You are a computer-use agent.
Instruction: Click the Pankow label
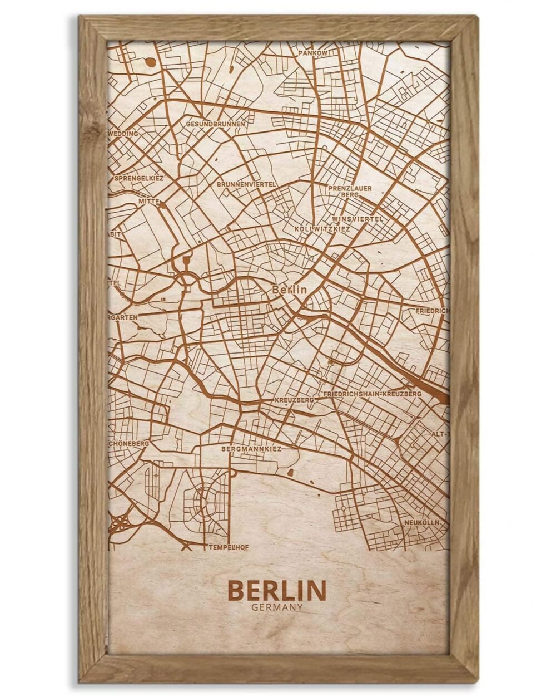point(313,53)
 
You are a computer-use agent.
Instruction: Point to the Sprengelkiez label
point(138,178)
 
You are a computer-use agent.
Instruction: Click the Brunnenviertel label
point(246,183)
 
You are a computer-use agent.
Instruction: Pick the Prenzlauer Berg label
point(350,192)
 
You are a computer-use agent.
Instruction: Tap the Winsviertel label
point(357,219)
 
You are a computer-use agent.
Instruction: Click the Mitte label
point(150,201)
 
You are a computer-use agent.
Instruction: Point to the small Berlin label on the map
point(289,290)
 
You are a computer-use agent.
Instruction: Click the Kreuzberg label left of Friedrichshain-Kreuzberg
point(295,400)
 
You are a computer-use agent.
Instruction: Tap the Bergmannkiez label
point(251,448)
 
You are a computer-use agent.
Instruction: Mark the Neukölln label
point(422,523)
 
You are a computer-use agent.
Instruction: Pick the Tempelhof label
point(228,548)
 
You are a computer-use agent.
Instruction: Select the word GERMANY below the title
point(277,607)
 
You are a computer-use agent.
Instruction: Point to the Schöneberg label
point(128,443)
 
